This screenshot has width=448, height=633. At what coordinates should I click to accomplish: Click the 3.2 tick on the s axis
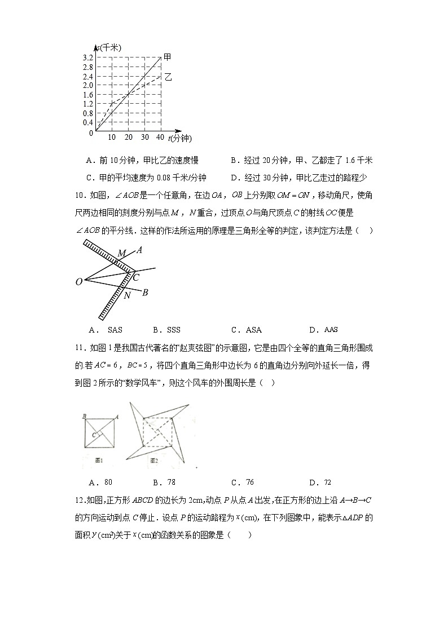(87, 58)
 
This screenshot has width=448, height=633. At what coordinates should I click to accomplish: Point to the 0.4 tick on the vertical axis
(87, 122)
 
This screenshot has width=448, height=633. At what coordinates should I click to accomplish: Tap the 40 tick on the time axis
(161, 138)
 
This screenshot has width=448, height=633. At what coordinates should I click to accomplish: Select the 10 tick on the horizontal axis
(112, 138)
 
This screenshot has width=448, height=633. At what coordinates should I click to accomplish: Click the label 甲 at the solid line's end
(168, 57)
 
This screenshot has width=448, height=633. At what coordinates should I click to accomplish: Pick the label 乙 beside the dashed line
(168, 77)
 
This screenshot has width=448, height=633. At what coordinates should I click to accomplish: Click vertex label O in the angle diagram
(79, 281)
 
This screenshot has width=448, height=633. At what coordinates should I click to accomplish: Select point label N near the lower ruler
(127, 295)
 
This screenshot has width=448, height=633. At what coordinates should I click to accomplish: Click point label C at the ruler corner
(136, 277)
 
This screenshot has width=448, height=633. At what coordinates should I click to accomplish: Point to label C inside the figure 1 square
(94, 435)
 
